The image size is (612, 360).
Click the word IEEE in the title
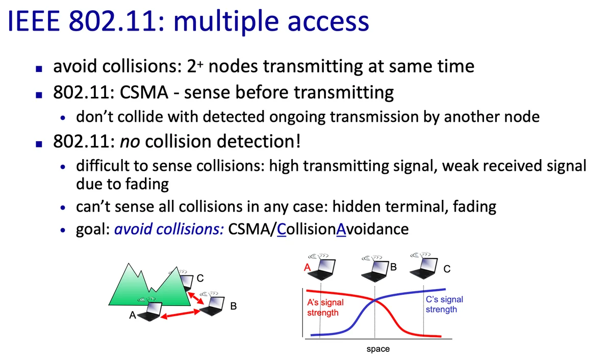pyautogui.click(x=34, y=21)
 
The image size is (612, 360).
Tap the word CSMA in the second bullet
pyautogui.click(x=144, y=92)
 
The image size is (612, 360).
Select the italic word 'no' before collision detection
pyautogui.click(x=130, y=142)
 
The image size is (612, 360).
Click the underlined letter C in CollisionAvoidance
pyautogui.click(x=282, y=229)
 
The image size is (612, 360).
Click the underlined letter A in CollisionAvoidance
pyautogui.click(x=341, y=229)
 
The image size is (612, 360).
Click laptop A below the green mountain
pyautogui.click(x=150, y=310)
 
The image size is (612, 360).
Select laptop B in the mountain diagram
pyautogui.click(x=212, y=304)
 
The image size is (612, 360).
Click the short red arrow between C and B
pyautogui.click(x=196, y=298)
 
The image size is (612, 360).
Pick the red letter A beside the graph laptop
pyautogui.click(x=308, y=267)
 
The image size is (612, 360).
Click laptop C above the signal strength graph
pyautogui.click(x=424, y=266)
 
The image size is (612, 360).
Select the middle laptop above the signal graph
pyautogui.click(x=375, y=269)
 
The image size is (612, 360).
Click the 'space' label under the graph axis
pyautogui.click(x=378, y=349)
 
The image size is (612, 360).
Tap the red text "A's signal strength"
pyautogui.click(x=325, y=307)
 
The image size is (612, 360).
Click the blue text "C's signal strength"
pyautogui.click(x=444, y=304)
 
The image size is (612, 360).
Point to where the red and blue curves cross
pyautogui.click(x=374, y=300)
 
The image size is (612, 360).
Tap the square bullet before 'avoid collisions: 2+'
pyautogui.click(x=39, y=68)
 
